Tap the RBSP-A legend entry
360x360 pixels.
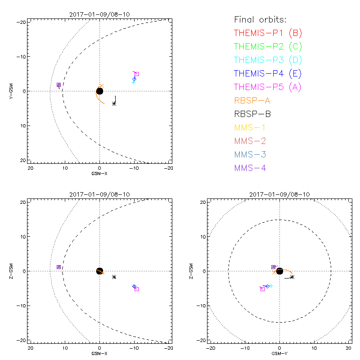point(252,100)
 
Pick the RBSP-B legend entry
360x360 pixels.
point(252,114)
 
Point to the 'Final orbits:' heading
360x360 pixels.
point(260,19)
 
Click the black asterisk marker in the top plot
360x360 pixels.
point(114,103)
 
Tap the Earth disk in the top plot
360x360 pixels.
point(99,91)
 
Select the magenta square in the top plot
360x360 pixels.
point(136,74)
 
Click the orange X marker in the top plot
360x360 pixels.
point(102,85)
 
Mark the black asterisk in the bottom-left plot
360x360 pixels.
point(114,277)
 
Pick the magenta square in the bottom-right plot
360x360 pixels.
point(262,289)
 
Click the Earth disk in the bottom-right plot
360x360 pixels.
point(279,271)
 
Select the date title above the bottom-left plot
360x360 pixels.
point(99,194)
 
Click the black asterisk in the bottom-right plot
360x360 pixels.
point(292,277)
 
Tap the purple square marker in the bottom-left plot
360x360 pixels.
point(58,267)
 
